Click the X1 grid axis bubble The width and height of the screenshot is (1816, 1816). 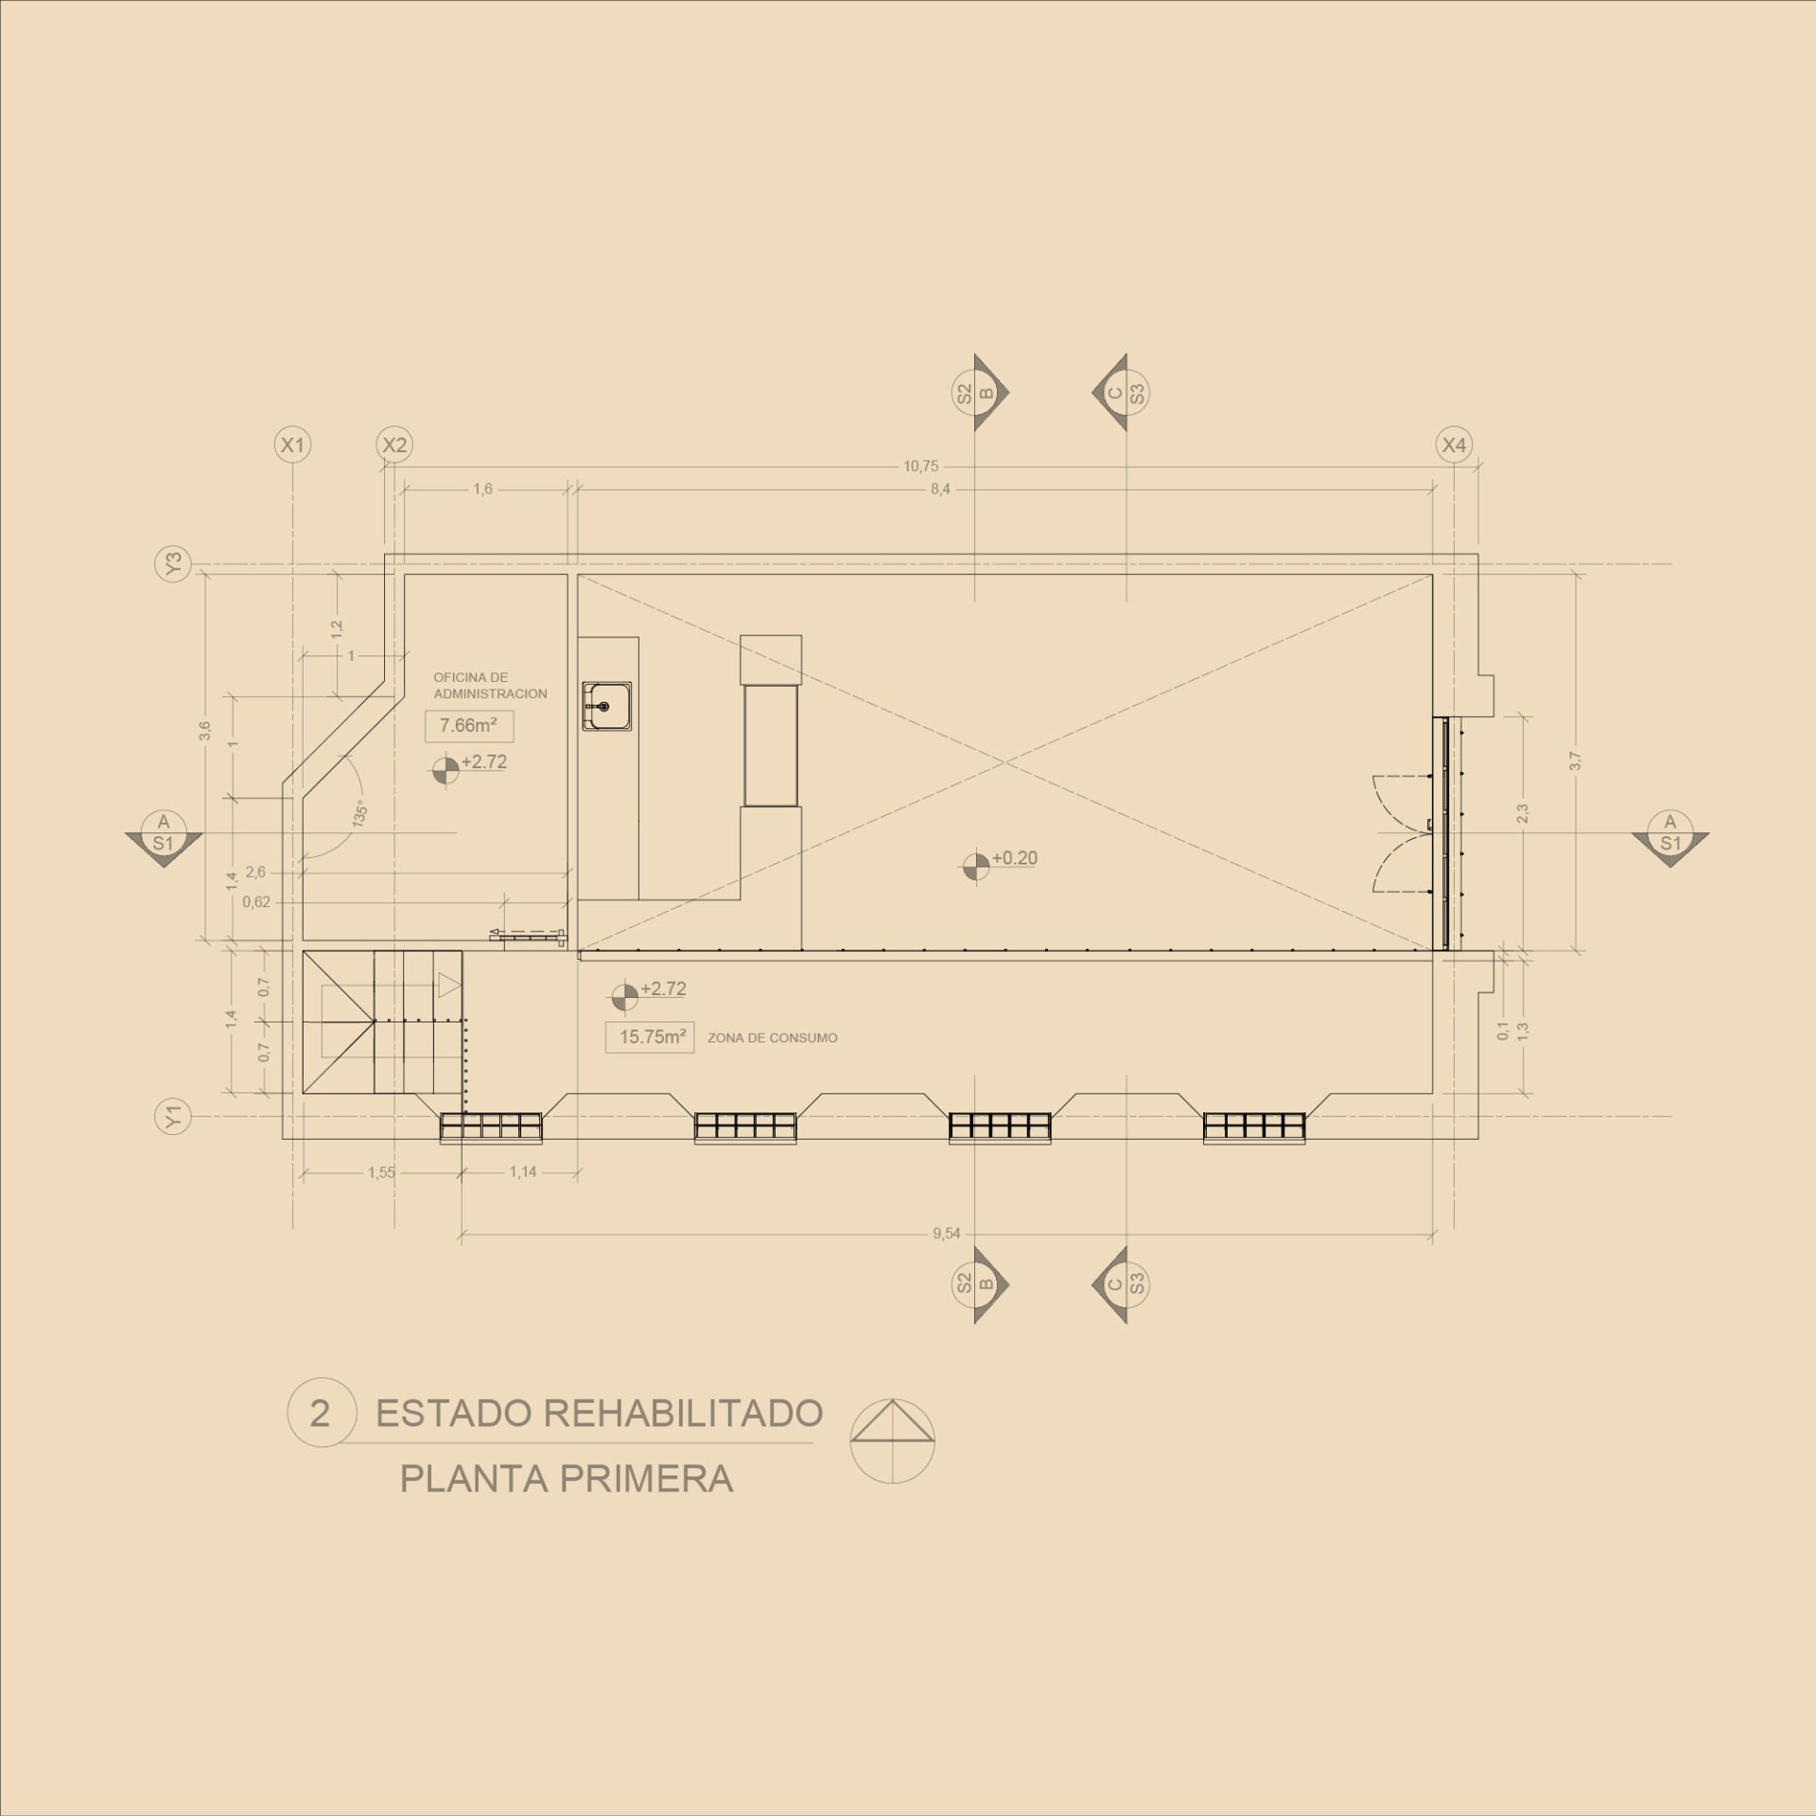click(x=293, y=445)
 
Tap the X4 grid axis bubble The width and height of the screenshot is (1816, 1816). click(x=1454, y=445)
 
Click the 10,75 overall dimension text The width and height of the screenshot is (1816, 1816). click(x=920, y=466)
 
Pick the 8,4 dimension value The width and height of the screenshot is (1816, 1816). click(x=939, y=490)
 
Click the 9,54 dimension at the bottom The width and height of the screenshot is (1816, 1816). click(x=946, y=1233)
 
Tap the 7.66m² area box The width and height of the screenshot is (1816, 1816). click(x=469, y=726)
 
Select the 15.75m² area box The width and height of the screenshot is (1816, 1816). click(x=650, y=1037)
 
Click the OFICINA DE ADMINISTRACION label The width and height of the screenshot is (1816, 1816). click(x=490, y=686)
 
